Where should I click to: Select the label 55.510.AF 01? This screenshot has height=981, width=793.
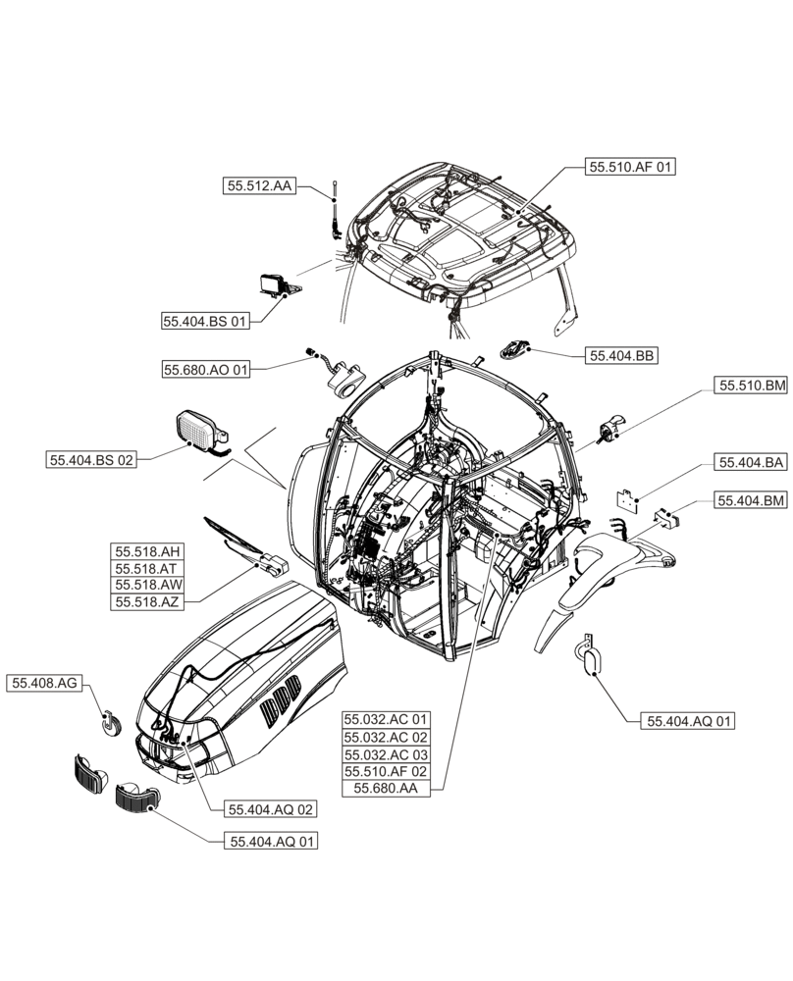click(x=631, y=168)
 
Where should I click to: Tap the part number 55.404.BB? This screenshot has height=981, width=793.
click(x=621, y=357)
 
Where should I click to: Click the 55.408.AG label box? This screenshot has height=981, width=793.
click(x=44, y=683)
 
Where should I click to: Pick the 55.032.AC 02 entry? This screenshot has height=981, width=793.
click(x=386, y=737)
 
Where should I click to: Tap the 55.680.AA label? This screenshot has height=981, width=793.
click(x=386, y=789)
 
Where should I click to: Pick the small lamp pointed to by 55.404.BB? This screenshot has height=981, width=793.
click(x=516, y=347)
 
